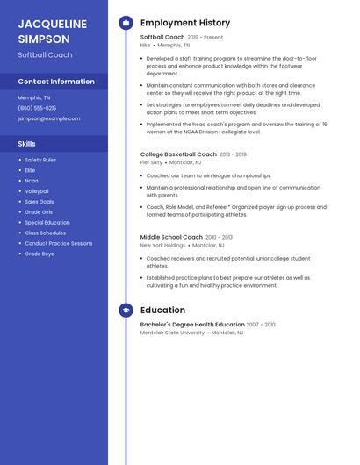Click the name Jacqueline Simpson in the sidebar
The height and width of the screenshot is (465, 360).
coord(52,31)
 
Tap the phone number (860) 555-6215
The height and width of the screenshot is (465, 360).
coord(37,108)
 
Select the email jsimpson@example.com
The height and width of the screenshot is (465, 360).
coord(48,118)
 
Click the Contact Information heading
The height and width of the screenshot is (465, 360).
coord(56,82)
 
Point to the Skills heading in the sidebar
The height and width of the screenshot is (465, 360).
coord(26,143)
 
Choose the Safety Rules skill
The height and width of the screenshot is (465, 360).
coord(40,160)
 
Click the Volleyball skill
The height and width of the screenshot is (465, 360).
coord(37,191)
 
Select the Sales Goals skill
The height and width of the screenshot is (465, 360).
coord(40,202)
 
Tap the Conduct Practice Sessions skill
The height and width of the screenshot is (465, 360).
coord(58,243)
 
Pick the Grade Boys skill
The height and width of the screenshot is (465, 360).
coord(40,254)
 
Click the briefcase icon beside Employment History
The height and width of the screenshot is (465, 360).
coord(126,23)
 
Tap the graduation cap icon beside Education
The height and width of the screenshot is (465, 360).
coord(126,310)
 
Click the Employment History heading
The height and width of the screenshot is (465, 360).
coord(185,23)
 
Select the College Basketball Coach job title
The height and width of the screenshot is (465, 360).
coord(178,154)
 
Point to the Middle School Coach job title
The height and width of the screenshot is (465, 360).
coord(171,237)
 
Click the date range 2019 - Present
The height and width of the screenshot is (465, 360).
coord(205,38)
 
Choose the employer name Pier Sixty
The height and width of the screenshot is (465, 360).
coord(151,162)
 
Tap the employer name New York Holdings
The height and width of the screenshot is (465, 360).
coord(162,246)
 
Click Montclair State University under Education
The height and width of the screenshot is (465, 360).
coord(172,333)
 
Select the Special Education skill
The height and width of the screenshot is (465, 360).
coord(47,223)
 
